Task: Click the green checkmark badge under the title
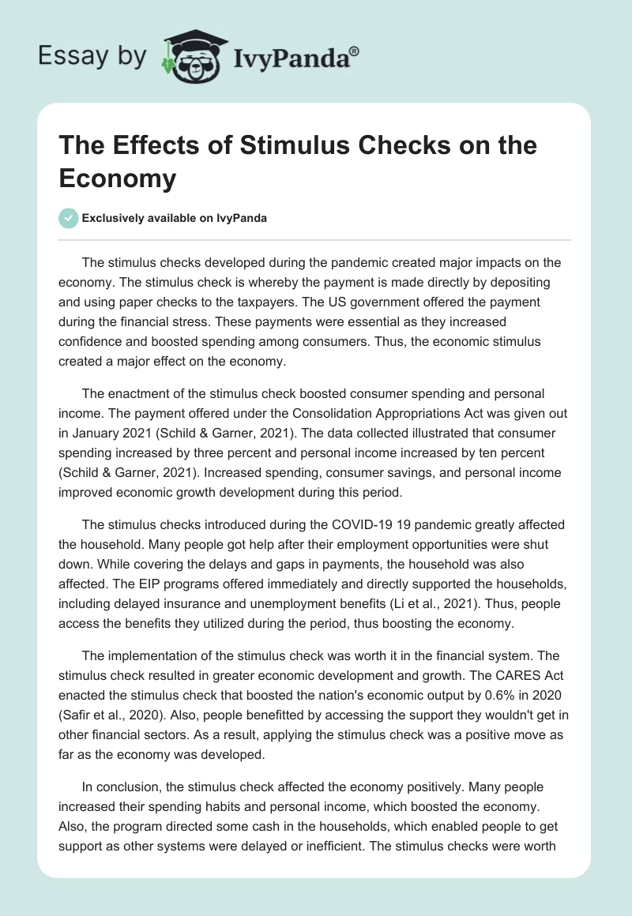[x=69, y=218]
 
